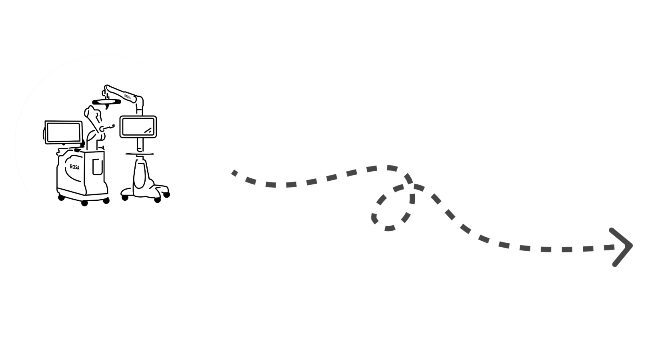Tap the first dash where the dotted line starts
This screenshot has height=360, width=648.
pyautogui.click(x=235, y=173)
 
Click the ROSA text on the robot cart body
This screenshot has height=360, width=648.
pyautogui.click(x=75, y=167)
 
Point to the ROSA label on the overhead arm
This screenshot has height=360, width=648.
pyautogui.click(x=128, y=97)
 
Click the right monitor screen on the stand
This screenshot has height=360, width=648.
pyautogui.click(x=138, y=127)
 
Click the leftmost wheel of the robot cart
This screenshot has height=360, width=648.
pyautogui.click(x=61, y=198)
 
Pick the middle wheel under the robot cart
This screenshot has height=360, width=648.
pyautogui.click(x=84, y=203)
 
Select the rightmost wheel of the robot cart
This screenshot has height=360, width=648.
pyautogui.click(x=106, y=201)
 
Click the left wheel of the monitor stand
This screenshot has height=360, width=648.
pyautogui.click(x=125, y=198)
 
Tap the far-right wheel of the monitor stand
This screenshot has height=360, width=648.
pyautogui.click(x=167, y=195)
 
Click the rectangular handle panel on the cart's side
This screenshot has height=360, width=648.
pyautogui.click(x=98, y=167)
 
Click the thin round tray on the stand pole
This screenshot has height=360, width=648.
pyautogui.click(x=140, y=154)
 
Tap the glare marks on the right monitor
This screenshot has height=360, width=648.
pyautogui.click(x=148, y=131)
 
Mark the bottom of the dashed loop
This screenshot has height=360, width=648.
pyautogui.click(x=389, y=228)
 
